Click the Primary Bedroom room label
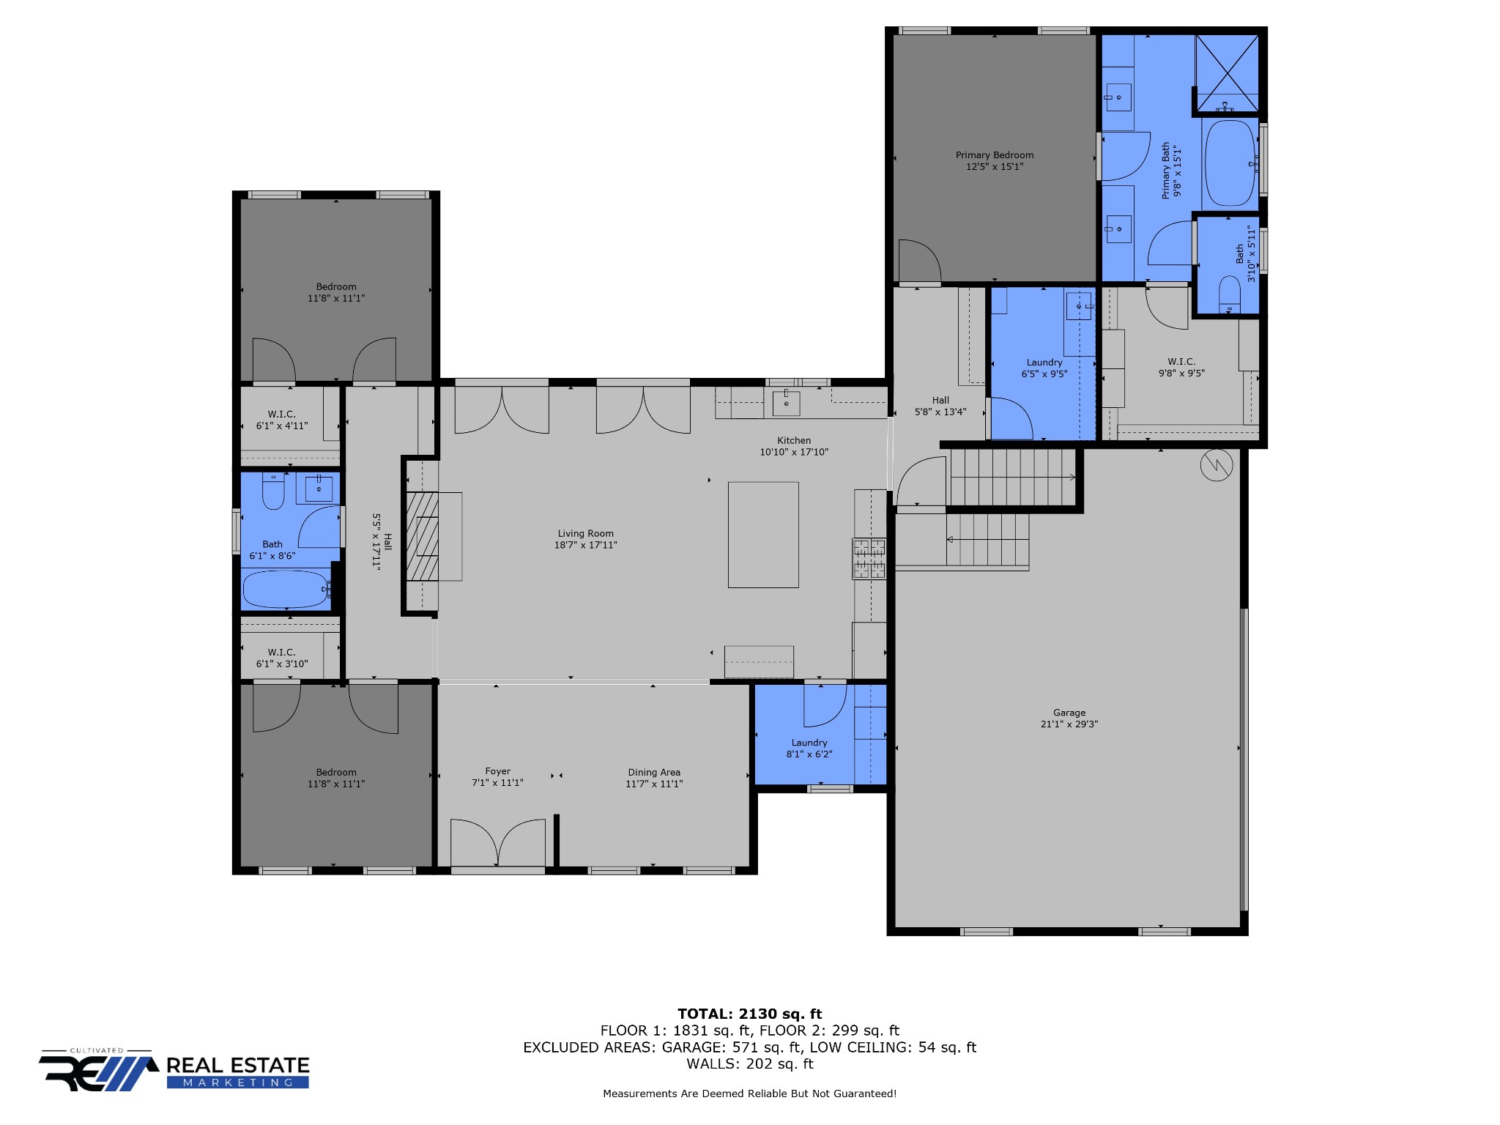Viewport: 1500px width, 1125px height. [995, 155]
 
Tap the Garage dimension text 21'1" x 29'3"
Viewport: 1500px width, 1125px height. [1069, 724]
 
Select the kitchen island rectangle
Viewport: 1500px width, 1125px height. [763, 535]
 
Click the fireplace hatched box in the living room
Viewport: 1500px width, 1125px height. [423, 536]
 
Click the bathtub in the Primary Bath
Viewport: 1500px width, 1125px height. [1230, 163]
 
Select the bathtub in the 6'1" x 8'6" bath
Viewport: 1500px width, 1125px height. [286, 589]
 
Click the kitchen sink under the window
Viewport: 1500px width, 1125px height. [786, 403]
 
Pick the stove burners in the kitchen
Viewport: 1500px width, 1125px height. [869, 558]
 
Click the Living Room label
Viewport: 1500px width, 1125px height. [586, 534]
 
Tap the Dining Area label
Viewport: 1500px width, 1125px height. [654, 773]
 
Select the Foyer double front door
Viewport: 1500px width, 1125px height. [498, 842]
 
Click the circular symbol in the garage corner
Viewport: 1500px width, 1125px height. [1217, 464]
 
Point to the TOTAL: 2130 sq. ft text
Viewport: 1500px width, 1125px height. [750, 1014]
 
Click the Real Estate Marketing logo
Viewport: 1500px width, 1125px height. [174, 1071]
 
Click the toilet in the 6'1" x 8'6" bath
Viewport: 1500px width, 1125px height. [273, 491]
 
